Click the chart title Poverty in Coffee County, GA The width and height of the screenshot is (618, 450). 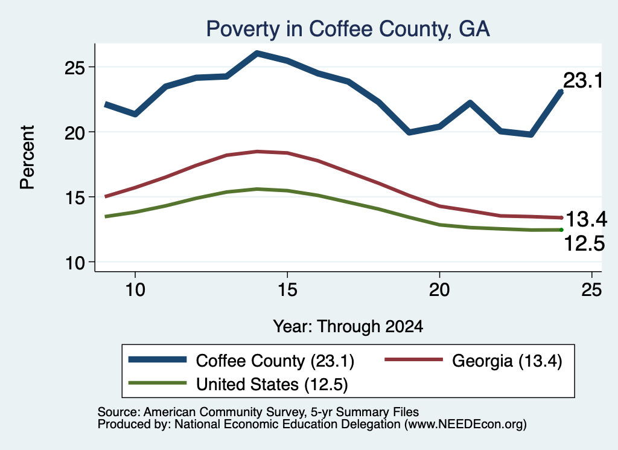[348, 29]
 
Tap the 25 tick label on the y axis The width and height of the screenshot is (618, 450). [75, 68]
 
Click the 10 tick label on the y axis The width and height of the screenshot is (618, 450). [75, 263]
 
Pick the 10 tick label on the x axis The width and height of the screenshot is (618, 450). [135, 290]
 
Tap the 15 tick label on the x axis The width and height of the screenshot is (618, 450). [287, 290]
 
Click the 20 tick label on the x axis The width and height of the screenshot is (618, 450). [439, 290]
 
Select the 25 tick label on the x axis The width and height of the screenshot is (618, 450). [591, 290]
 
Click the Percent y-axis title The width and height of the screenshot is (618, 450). [27, 158]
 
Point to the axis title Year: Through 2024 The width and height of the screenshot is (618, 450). [348, 327]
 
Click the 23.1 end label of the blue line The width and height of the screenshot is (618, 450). [583, 80]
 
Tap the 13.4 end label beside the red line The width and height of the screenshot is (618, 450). [587, 219]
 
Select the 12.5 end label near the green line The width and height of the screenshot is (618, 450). [584, 243]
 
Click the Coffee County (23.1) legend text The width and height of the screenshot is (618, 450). [275, 361]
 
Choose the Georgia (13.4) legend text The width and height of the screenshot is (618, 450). [507, 361]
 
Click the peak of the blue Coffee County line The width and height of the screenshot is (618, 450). [257, 53]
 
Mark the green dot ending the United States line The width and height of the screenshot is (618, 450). [561, 230]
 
